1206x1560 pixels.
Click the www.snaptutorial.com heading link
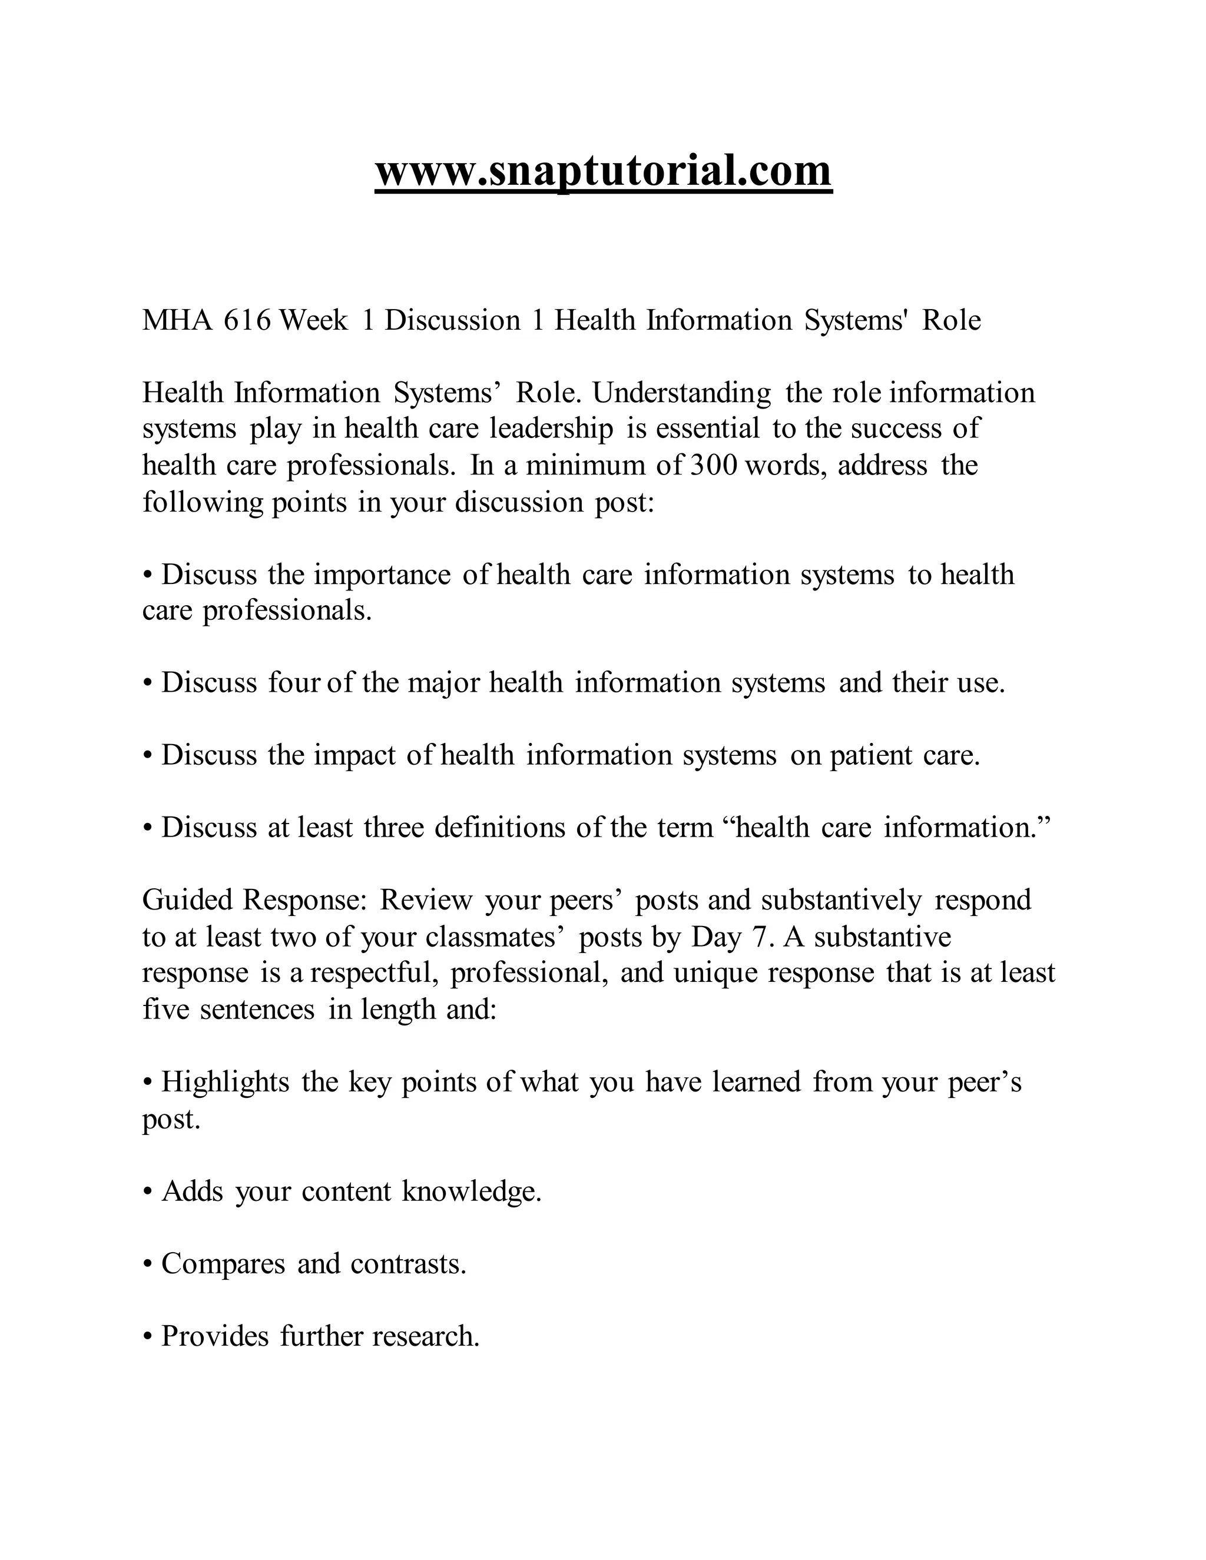[x=603, y=171]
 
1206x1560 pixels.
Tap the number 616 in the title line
[x=247, y=321]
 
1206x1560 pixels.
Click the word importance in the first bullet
[x=382, y=575]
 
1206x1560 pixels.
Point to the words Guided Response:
[x=255, y=901]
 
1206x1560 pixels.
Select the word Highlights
[x=225, y=1083]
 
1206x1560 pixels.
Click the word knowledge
[x=471, y=1192]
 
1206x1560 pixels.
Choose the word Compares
[x=223, y=1265]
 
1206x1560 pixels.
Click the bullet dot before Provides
[x=148, y=1336]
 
